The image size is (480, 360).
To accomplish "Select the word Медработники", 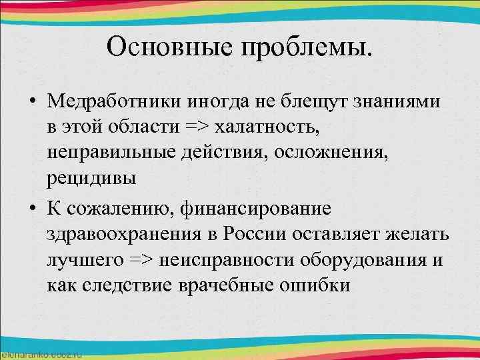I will tap(117, 101).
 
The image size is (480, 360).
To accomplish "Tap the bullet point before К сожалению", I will tap(32, 209).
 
